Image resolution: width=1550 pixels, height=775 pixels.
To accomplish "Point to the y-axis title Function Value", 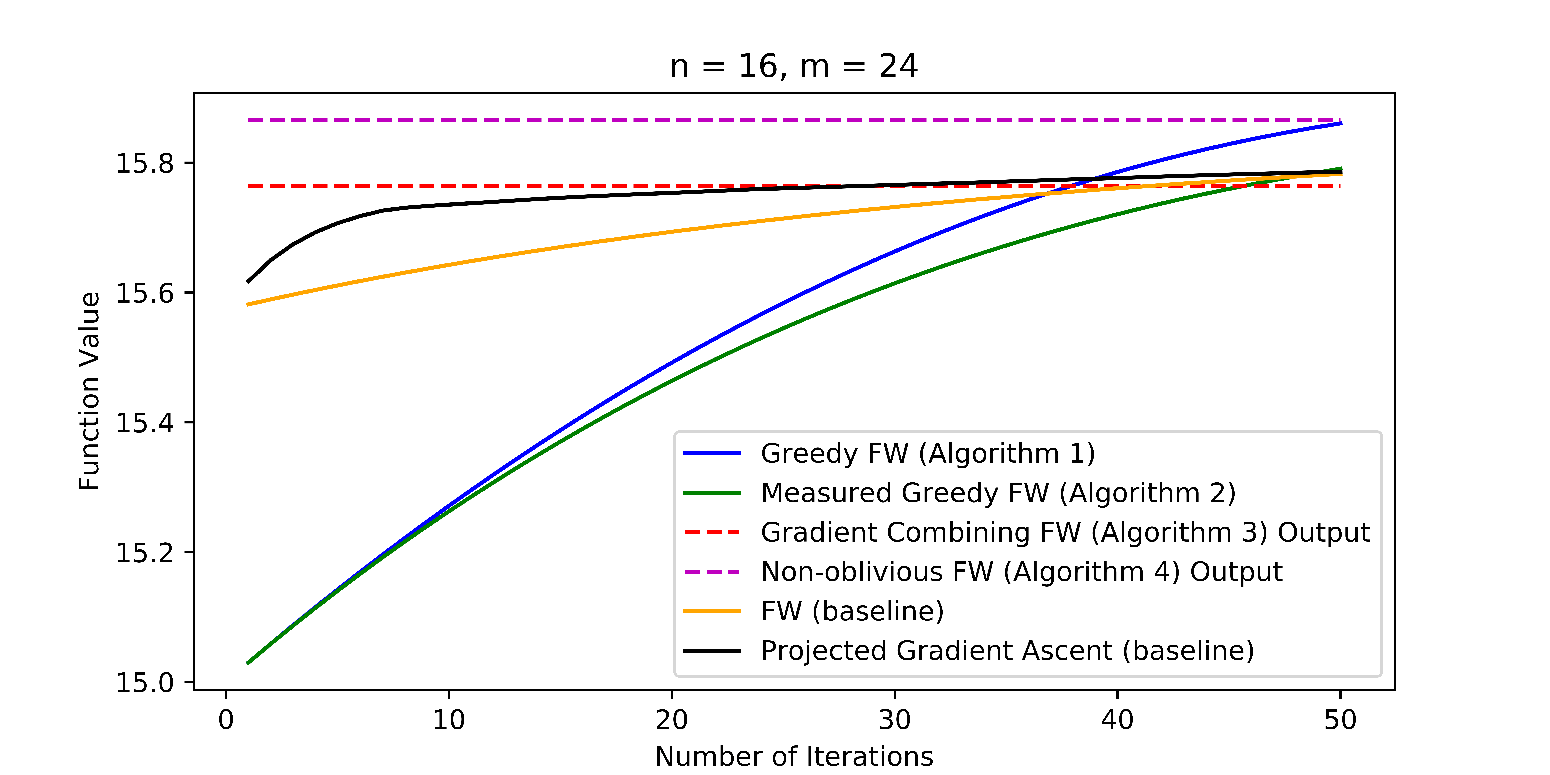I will pyautogui.click(x=89, y=391).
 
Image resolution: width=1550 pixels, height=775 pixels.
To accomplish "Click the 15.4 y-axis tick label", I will pyautogui.click(x=144, y=423).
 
